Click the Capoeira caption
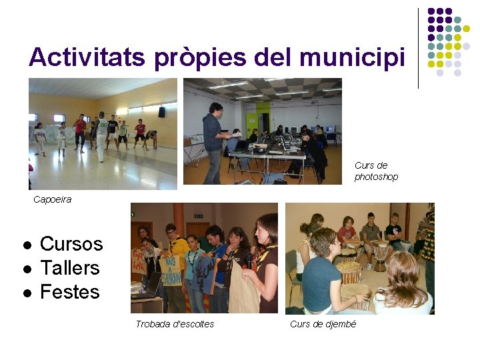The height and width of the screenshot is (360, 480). (52, 199)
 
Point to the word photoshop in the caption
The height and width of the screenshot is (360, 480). (376, 177)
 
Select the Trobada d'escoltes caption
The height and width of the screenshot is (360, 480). (175, 324)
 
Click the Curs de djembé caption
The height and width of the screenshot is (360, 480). (323, 324)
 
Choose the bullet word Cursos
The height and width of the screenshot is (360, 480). (71, 244)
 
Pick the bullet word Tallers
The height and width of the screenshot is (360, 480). (69, 268)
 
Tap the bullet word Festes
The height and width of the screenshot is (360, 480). (69, 292)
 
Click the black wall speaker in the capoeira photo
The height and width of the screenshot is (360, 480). (161, 112)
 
